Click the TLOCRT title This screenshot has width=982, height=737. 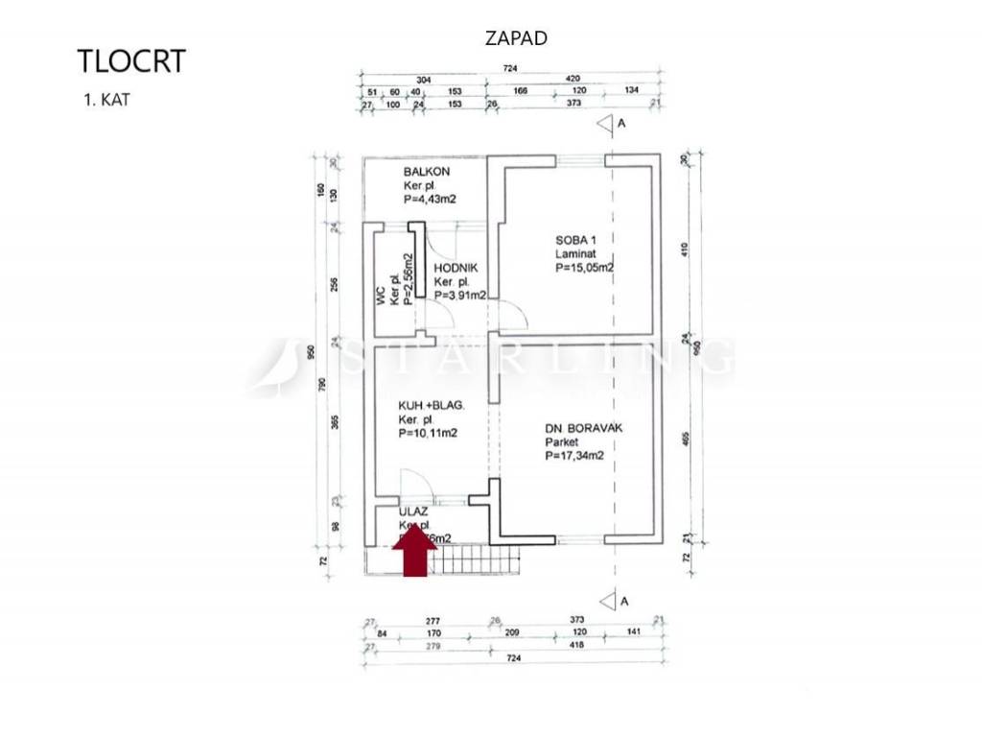tap(131, 60)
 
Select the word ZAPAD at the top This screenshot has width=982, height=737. tap(517, 38)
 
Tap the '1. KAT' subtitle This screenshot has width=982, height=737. tap(106, 99)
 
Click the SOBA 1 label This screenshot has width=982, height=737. tap(576, 240)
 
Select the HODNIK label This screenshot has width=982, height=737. tap(456, 269)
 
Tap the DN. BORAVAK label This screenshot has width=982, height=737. tap(583, 428)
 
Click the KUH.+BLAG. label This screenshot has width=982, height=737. tap(432, 406)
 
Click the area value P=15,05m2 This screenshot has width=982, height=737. tap(584, 269)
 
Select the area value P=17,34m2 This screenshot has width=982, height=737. tap(574, 457)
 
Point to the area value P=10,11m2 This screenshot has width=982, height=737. tap(428, 434)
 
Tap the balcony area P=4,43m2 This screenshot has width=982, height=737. tap(430, 199)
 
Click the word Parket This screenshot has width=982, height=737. tap(563, 442)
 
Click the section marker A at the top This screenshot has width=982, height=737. tap(621, 123)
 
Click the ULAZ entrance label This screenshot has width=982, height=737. tap(414, 513)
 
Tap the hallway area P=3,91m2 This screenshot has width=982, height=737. tap(460, 296)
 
